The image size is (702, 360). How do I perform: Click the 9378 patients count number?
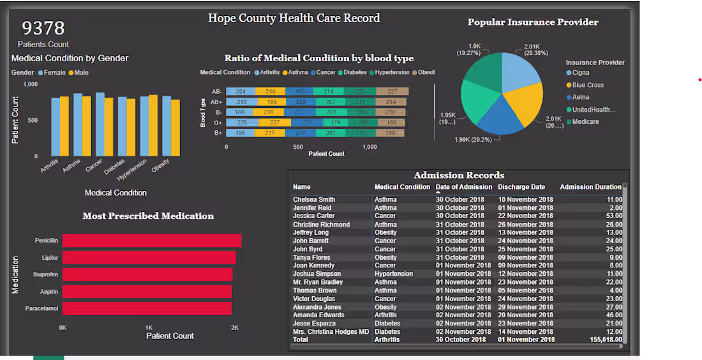pos(43,28)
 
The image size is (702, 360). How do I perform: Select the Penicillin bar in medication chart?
pos(152,241)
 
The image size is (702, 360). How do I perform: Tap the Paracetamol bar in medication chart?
pos(147,308)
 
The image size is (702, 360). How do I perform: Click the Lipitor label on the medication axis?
pos(50,258)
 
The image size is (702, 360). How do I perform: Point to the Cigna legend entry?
pos(581,73)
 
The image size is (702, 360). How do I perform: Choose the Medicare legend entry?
pos(585,122)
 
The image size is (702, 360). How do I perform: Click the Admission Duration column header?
pos(590,187)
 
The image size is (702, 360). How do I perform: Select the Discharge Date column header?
pos(521,187)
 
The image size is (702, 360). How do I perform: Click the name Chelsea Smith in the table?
pos(314,200)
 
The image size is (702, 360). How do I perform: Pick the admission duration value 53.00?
pos(615,216)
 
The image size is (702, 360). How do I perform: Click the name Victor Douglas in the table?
pos(314,299)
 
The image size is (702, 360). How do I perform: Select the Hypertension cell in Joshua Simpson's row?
pos(394,274)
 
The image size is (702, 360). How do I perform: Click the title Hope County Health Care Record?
pos(294,18)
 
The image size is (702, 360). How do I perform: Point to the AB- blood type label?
pos(217,92)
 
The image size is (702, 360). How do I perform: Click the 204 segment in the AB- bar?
pos(241,92)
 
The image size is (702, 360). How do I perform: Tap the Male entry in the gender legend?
pos(80,73)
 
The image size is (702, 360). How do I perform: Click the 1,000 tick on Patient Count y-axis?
pos(31,84)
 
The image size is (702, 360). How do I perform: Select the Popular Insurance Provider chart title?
pos(533,22)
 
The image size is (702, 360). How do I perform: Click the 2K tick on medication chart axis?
pos(235,328)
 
